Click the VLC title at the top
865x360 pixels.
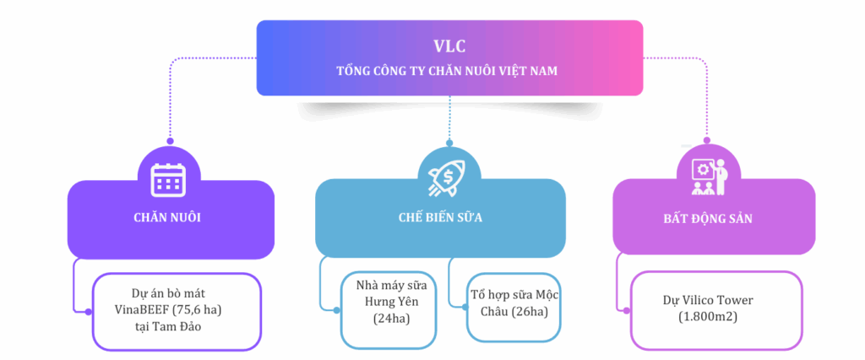(x=449, y=46)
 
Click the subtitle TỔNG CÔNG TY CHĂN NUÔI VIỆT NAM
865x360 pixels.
(x=448, y=71)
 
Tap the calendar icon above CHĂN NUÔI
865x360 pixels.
(x=168, y=180)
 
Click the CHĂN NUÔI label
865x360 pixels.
(x=167, y=217)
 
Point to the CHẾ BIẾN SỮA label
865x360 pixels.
(x=440, y=217)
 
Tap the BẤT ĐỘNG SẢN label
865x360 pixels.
(x=708, y=219)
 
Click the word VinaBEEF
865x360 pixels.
(x=139, y=310)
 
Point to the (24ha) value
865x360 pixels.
(x=391, y=318)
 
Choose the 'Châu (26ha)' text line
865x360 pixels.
(x=514, y=312)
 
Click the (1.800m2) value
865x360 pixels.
(x=708, y=318)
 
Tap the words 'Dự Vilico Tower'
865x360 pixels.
(x=708, y=301)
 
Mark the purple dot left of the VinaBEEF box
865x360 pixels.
(x=88, y=312)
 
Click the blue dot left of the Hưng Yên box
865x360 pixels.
(x=336, y=310)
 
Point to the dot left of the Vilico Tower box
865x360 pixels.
(x=626, y=310)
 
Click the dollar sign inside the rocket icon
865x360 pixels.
(x=449, y=177)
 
